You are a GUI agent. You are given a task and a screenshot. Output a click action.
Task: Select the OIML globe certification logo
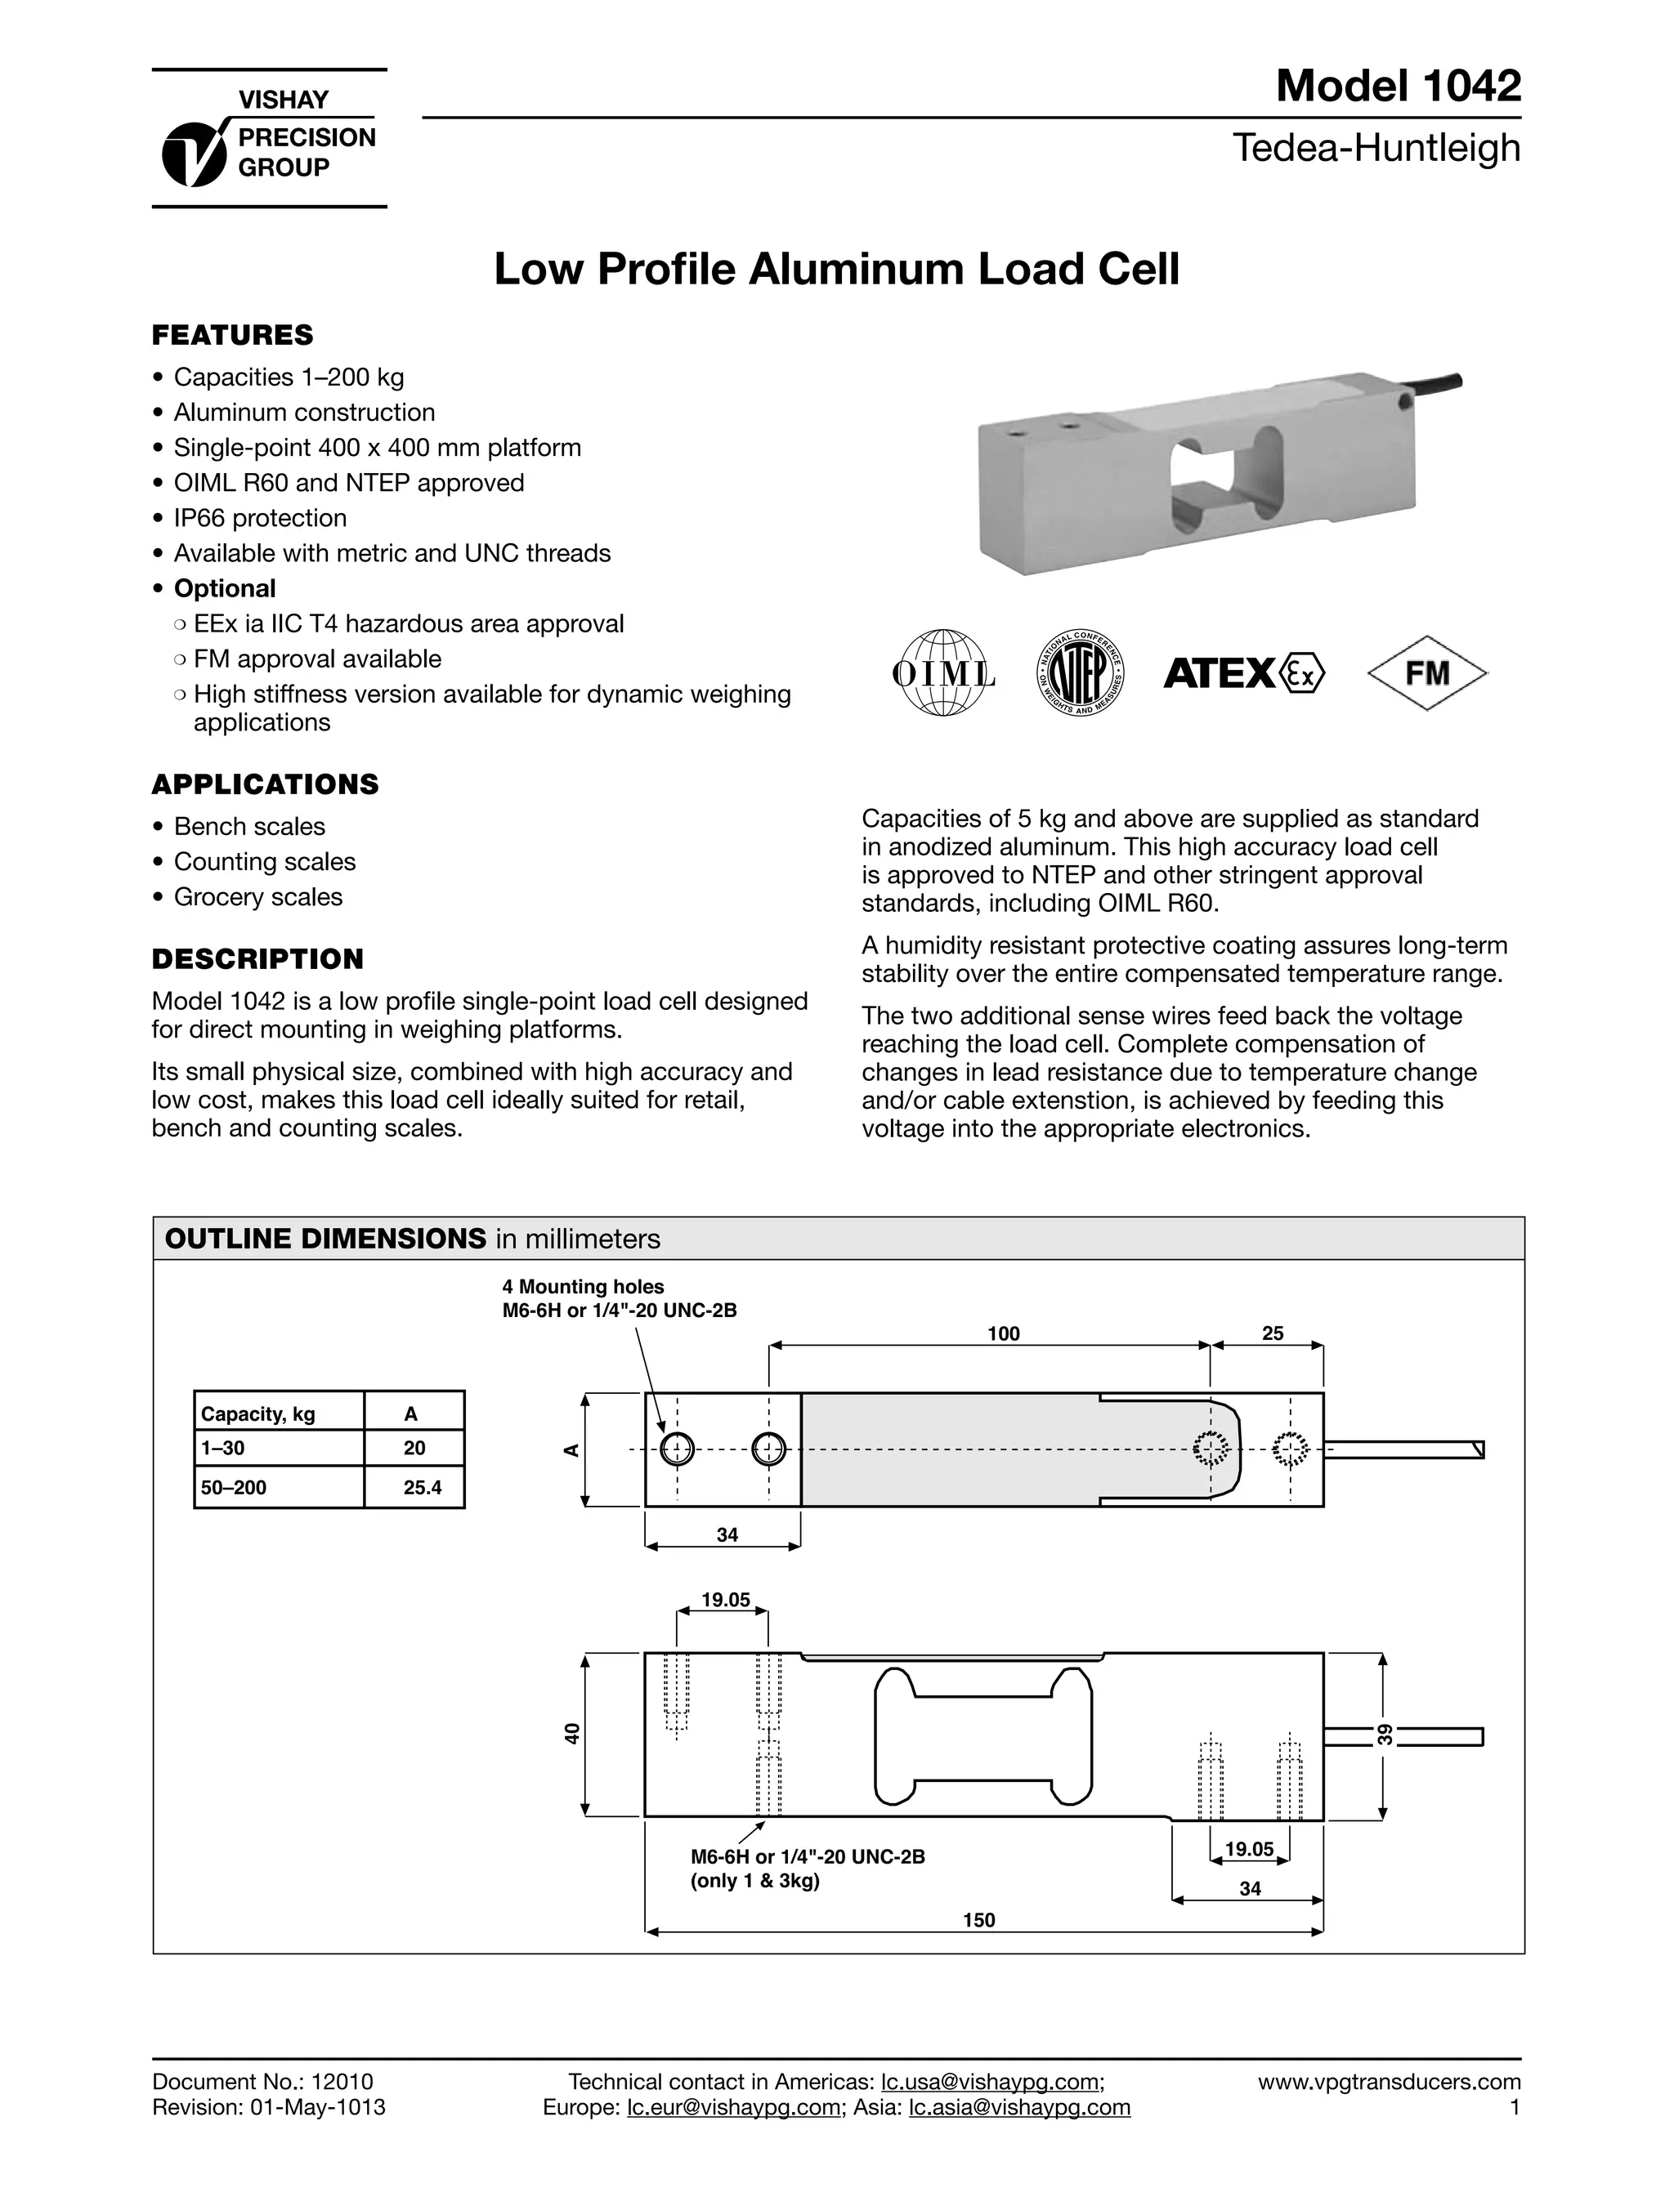942,673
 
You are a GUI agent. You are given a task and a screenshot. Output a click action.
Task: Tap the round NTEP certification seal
1081,674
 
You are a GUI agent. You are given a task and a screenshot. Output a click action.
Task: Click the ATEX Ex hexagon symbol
1302,674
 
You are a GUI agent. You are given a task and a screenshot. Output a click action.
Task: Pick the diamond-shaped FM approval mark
1426,673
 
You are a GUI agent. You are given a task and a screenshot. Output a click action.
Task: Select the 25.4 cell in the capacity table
422,1487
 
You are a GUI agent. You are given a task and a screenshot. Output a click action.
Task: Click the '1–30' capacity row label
222,1447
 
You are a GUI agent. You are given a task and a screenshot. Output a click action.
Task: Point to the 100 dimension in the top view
1004,1333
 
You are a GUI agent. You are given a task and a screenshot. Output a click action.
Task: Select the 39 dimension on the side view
1385,1733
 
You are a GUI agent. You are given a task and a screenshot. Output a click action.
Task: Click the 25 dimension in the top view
1273,1333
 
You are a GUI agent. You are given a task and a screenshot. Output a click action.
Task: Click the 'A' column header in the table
411,1413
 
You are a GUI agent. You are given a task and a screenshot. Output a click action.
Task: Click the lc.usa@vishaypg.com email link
991,2081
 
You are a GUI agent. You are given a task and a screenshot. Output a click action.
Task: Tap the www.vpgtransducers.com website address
1389,2081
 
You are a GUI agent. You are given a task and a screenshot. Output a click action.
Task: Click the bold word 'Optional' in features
225,588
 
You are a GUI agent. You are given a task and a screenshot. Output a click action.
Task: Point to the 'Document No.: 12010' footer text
262,2081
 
